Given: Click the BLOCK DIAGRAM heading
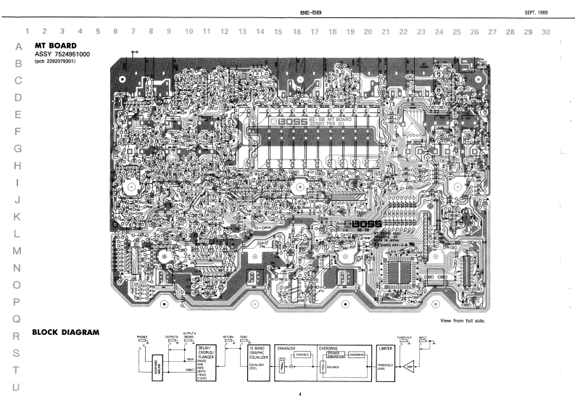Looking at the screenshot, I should (x=66, y=333).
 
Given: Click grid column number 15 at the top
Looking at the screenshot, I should (x=278, y=32).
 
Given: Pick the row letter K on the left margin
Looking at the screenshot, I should (x=17, y=216).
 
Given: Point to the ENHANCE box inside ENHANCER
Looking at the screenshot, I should (x=302, y=355).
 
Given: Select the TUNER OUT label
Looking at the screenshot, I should (x=405, y=336).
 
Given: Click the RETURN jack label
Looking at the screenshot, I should (x=228, y=336).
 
